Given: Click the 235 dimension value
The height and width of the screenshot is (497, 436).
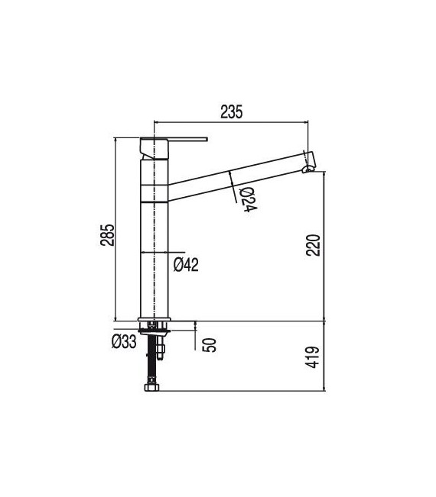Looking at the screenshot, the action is coord(231,112).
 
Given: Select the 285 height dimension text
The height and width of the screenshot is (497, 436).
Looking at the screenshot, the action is coord(107,235).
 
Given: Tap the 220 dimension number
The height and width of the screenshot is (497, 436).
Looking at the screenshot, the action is coord(313,245).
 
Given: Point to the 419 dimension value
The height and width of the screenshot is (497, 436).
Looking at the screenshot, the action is coord(313,357).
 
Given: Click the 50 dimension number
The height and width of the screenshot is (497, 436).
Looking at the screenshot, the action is coord(210,345).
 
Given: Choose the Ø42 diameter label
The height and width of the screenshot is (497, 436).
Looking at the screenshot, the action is coord(186,264).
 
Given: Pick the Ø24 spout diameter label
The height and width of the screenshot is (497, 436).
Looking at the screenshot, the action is coord(249,200).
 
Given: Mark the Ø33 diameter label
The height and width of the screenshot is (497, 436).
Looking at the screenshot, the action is coord(124,341).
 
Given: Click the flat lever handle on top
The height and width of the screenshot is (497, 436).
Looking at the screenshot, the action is coord(187,139).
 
